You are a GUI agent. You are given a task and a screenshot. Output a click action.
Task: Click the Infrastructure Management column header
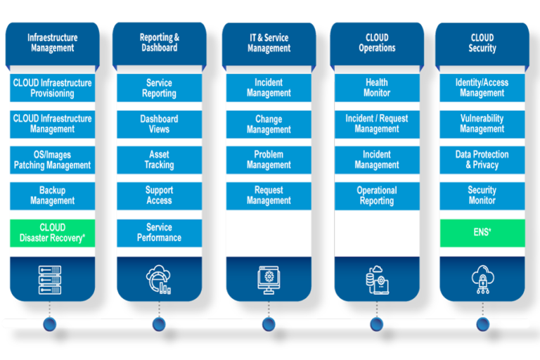[52, 43]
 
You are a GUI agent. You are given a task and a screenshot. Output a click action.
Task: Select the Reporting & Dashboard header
[159, 43]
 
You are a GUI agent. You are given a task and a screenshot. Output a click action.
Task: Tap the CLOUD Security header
[482, 43]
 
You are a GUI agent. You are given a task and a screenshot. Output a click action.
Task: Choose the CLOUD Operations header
[377, 43]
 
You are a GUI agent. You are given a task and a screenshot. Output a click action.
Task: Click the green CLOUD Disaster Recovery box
[52, 233]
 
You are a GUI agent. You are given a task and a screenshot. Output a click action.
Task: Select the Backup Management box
[52, 195]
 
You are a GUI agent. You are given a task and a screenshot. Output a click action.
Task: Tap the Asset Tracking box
[159, 160]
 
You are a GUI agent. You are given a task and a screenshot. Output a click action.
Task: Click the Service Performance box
[159, 233]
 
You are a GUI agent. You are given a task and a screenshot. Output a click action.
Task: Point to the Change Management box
[269, 124]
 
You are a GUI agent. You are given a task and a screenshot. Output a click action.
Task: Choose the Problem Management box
[269, 160]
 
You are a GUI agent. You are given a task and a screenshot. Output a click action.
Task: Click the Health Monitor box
[377, 88]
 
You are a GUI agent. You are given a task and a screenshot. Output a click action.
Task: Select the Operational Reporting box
[377, 195]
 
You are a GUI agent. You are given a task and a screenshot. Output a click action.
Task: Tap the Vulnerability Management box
[482, 124]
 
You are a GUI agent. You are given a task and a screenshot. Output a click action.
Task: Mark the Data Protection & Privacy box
[482, 160]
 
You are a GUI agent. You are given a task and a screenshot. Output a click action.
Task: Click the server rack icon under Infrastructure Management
[50, 278]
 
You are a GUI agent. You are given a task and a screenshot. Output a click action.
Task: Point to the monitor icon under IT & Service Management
[269, 278]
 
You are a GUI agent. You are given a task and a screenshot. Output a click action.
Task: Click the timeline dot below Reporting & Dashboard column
[159, 323]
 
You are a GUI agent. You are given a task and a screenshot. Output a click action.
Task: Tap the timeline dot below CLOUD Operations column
[377, 323]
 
